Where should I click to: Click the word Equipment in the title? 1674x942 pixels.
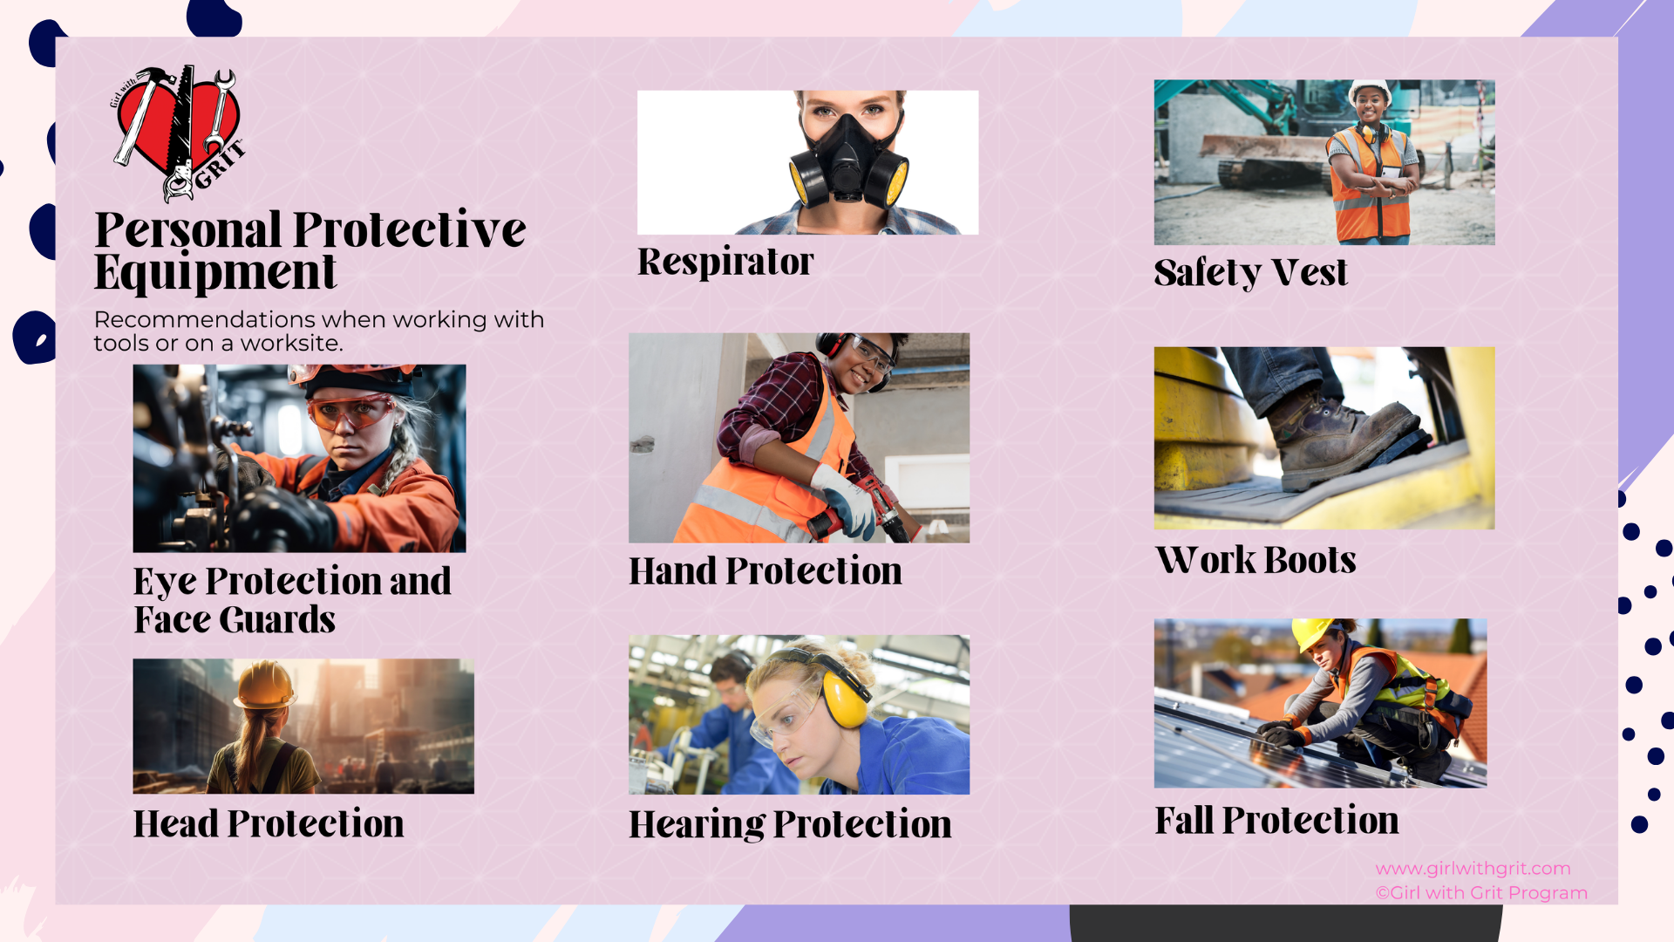point(215,272)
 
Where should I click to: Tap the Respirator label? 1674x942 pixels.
point(725,262)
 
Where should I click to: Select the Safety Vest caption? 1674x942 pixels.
point(1250,272)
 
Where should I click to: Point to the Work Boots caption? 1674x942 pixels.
point(1255,559)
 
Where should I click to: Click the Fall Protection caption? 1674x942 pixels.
point(1276,820)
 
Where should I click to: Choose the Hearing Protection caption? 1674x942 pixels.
point(790,824)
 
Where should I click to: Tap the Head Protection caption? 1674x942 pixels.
point(269,823)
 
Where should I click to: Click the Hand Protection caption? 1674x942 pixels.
point(766,571)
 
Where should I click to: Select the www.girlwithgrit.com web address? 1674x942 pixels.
point(1473,869)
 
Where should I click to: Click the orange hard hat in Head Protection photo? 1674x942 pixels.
point(265,684)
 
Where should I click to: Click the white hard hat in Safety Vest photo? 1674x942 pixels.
point(1370,90)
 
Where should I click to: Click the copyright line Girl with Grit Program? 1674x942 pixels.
point(1481,893)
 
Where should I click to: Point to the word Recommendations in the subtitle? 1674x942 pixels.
point(205,320)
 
